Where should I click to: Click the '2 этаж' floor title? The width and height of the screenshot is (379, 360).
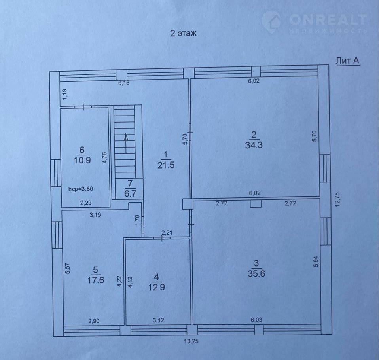pyautogui.click(x=183, y=33)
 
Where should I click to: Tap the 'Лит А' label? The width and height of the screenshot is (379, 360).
pyautogui.click(x=348, y=61)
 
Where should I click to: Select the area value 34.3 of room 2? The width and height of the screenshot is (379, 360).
pyautogui.click(x=254, y=145)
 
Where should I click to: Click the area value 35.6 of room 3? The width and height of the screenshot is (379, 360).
pyautogui.click(x=256, y=273)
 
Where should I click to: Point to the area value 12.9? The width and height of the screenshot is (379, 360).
pyautogui.click(x=157, y=287)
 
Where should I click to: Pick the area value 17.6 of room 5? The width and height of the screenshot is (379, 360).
pyautogui.click(x=96, y=280)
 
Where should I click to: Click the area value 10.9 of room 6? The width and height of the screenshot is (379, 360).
pyautogui.click(x=82, y=160)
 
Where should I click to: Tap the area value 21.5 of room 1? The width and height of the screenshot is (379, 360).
pyautogui.click(x=166, y=165)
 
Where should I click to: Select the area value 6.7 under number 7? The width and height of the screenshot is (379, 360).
pyautogui.click(x=130, y=194)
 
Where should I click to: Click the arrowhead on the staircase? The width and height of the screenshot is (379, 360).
pyautogui.click(x=126, y=137)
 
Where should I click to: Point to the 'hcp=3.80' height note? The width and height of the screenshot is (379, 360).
pyautogui.click(x=80, y=189)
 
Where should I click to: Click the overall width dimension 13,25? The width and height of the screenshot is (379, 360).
pyautogui.click(x=191, y=341)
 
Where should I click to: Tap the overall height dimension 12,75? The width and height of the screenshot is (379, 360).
pyautogui.click(x=337, y=199)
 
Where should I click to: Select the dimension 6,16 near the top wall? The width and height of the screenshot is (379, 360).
pyautogui.click(x=124, y=83)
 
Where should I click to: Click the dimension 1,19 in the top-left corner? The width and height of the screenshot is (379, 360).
pyautogui.click(x=65, y=94)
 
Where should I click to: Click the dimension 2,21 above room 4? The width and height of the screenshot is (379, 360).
pyautogui.click(x=167, y=233)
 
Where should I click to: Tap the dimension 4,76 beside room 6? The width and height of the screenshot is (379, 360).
pyautogui.click(x=105, y=157)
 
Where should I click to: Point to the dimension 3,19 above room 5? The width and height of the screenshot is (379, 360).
pyautogui.click(x=95, y=215)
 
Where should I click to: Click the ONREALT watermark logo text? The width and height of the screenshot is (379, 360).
pyautogui.click(x=328, y=20)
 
